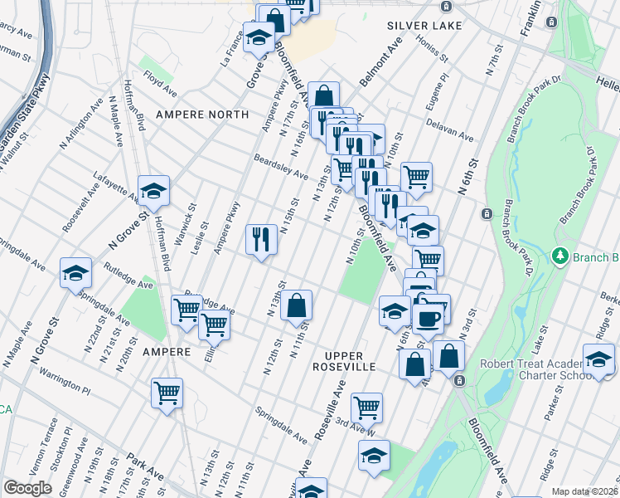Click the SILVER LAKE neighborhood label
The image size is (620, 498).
point(419,26)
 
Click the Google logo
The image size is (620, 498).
point(27,488)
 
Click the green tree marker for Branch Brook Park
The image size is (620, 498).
point(562,256)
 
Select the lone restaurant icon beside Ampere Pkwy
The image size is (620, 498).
point(261,240)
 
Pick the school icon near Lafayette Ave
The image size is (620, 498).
point(153,192)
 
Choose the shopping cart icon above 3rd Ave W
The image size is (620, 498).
point(366,408)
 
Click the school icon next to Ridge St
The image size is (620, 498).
point(598,359)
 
